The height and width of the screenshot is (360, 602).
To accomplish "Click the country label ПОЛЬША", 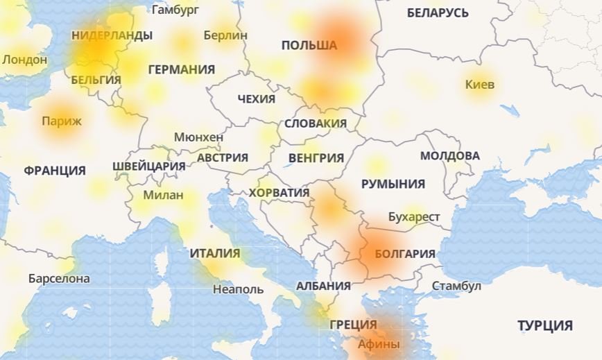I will click(x=309, y=45).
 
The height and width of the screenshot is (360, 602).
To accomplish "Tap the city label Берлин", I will click(x=225, y=35).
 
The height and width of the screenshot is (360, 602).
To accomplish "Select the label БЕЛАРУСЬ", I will click(x=438, y=12).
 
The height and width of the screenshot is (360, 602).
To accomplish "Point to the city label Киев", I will click(x=480, y=85).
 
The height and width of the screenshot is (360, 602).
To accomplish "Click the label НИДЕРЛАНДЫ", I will click(x=112, y=35).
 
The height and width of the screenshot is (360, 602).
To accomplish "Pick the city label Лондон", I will click(x=24, y=60).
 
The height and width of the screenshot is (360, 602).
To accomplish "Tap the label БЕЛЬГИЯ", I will click(x=96, y=80).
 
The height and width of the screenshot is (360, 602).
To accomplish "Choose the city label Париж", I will click(x=61, y=121).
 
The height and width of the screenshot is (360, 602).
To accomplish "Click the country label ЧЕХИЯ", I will click(x=256, y=98).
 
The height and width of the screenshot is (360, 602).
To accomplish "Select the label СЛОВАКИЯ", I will click(x=316, y=123).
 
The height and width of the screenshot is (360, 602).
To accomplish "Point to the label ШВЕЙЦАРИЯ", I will click(x=148, y=166).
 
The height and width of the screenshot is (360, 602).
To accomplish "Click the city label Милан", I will click(x=163, y=195).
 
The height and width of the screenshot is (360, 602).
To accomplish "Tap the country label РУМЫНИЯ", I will click(x=393, y=184).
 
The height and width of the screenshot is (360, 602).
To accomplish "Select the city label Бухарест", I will click(x=414, y=217).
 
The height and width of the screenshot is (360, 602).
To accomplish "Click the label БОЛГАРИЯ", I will click(x=405, y=254).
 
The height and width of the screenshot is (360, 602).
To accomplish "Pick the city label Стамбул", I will click(x=456, y=286).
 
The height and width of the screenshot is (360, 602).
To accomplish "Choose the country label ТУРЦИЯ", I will click(x=544, y=325).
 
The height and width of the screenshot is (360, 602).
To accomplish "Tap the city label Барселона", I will click(x=59, y=279).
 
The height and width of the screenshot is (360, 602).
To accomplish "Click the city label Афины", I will click(x=379, y=343).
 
